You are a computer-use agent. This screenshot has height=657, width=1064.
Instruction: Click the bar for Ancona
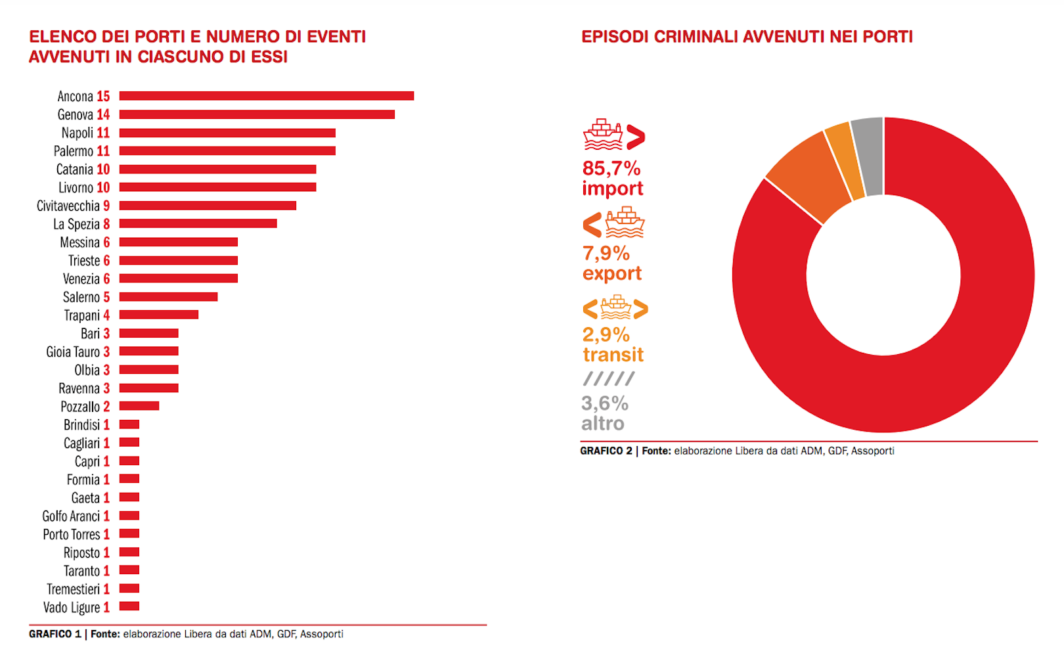point(266,96)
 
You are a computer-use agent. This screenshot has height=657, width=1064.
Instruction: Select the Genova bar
point(257,114)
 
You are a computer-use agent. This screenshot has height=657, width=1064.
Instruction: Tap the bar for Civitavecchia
point(208,206)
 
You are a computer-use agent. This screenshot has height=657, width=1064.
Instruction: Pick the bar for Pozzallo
point(139,406)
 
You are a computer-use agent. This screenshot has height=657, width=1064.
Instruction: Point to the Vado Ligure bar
point(129,606)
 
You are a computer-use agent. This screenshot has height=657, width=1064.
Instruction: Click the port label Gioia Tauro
point(73,352)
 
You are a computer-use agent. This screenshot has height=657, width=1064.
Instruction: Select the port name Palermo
point(74,151)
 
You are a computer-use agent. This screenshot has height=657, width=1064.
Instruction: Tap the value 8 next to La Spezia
point(106,224)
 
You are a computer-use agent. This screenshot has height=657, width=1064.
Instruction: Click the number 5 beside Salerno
point(106,298)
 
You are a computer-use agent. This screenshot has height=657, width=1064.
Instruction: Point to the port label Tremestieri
point(73,589)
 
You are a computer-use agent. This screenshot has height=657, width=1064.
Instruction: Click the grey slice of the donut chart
point(868,156)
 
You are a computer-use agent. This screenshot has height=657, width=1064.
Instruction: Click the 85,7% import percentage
point(611,168)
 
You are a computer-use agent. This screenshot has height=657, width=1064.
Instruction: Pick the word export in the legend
point(611,273)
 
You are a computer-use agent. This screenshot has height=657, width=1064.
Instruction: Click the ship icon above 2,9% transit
point(615,307)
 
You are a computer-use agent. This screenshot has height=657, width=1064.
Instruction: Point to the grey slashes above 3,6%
point(609,378)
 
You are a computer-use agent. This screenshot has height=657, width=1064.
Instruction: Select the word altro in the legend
point(602,424)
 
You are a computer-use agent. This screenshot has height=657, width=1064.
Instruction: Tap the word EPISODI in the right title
point(615,37)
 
